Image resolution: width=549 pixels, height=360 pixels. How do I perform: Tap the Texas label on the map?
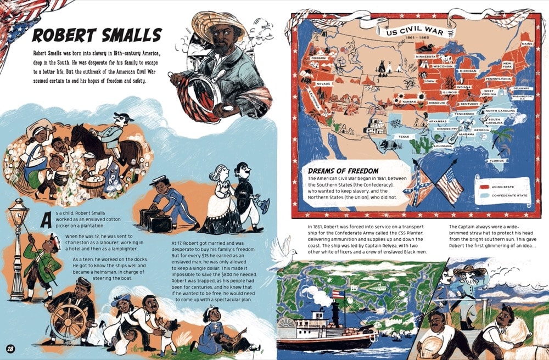point(404,137)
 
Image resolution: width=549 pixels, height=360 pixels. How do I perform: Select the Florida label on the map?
point(497,161)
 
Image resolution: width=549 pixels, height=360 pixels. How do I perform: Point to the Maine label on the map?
point(527,44)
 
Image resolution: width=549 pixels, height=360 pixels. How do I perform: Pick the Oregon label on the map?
point(318,58)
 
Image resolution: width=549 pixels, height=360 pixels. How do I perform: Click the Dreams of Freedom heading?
point(343,171)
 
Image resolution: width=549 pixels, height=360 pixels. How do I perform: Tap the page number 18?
point(10,348)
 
